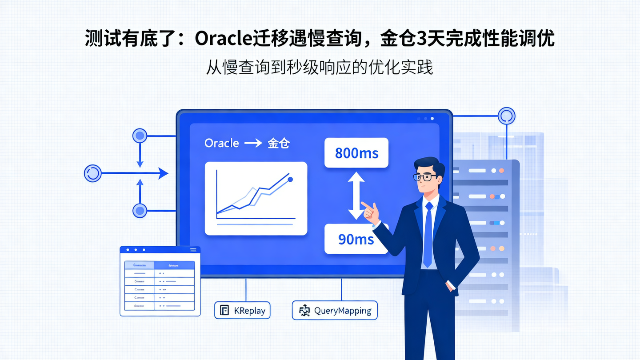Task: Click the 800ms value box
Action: (356, 153)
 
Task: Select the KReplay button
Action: (242, 310)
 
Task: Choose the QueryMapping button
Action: (335, 310)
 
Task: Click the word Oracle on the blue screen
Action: (221, 143)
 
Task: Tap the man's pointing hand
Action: (371, 212)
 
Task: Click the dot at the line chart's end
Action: (290, 180)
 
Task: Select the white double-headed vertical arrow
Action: (356, 196)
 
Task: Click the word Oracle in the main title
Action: (224, 39)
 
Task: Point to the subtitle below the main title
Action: (319, 68)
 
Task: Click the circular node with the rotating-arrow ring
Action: (93, 173)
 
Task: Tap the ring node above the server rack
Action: (506, 116)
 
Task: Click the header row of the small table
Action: (160, 265)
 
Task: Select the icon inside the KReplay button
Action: (224, 310)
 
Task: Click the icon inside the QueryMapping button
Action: (304, 311)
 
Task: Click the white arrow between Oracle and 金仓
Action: (253, 143)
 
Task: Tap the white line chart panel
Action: (256, 198)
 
